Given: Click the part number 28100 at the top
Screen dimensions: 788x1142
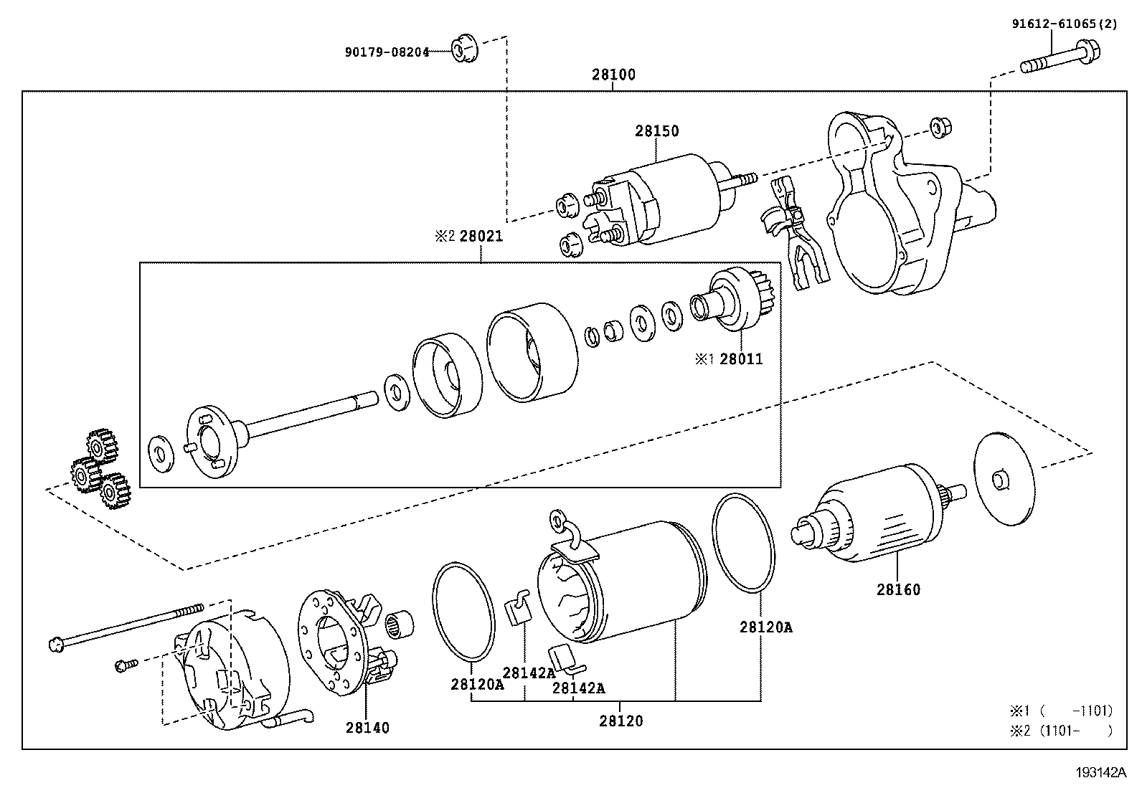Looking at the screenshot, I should [613, 75].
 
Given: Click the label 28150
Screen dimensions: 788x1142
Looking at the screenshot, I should [656, 131].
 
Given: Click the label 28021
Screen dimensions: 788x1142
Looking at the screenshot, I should [481, 236].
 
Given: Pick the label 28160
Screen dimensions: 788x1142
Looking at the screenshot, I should [897, 589].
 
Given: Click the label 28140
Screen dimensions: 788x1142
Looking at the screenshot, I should [367, 728].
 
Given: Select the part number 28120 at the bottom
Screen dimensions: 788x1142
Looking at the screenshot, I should [621, 721].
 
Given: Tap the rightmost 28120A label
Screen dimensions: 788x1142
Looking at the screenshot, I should [765, 627].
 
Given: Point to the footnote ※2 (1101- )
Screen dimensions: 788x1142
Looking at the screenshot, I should [1062, 731].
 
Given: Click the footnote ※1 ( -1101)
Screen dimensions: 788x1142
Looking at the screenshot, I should [1062, 711].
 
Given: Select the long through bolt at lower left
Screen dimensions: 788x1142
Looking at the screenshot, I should [122, 625].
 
